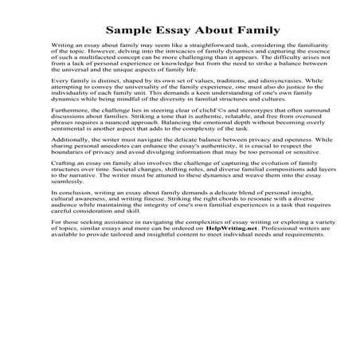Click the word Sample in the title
point(129,32)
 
